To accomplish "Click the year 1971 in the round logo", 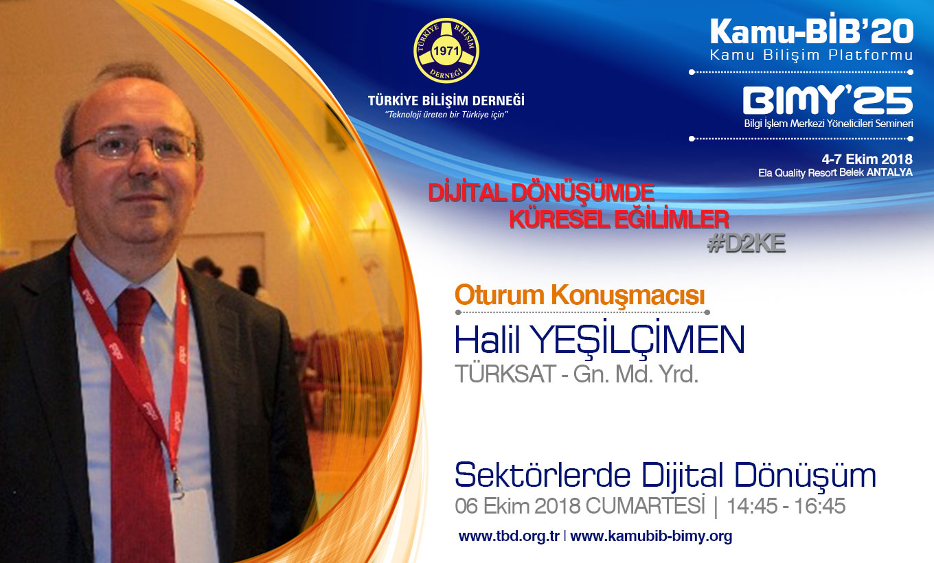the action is (446, 51).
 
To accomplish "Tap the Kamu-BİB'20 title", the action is (812, 32).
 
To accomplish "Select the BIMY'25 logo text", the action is (828, 100).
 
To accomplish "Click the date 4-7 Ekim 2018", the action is (867, 159).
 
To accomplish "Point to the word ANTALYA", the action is (889, 172).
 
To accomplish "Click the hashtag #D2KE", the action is (747, 243).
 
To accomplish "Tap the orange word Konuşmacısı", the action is (628, 295).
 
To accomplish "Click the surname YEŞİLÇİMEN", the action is (639, 341).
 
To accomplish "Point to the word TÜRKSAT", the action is (505, 374).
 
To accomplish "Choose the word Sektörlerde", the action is (542, 476).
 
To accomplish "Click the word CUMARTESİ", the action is (645, 505).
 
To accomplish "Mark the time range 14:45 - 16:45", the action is (786, 506).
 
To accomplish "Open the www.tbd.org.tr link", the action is (509, 536).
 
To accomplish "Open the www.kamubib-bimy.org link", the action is (651, 536).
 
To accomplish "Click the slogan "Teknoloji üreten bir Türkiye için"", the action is (446, 115).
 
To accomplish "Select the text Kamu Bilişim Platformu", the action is (812, 55).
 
